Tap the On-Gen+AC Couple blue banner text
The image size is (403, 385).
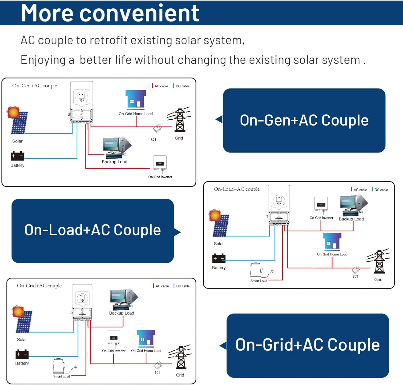tap(304, 120)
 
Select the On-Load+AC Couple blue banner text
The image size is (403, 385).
tap(92, 230)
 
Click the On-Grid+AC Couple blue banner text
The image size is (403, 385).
tap(308, 345)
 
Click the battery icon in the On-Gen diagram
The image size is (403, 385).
tap(17, 156)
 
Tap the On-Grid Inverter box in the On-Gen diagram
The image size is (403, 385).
tap(160, 162)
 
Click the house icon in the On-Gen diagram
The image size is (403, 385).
tap(136, 99)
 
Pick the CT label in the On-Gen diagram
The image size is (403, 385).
tap(154, 139)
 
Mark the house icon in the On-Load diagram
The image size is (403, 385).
tap(332, 241)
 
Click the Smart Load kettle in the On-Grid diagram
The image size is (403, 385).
tap(59, 366)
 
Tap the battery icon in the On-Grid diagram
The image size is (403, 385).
tap(22, 354)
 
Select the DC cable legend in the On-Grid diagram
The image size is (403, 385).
tap(182, 286)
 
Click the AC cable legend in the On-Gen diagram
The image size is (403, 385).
tap(161, 86)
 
